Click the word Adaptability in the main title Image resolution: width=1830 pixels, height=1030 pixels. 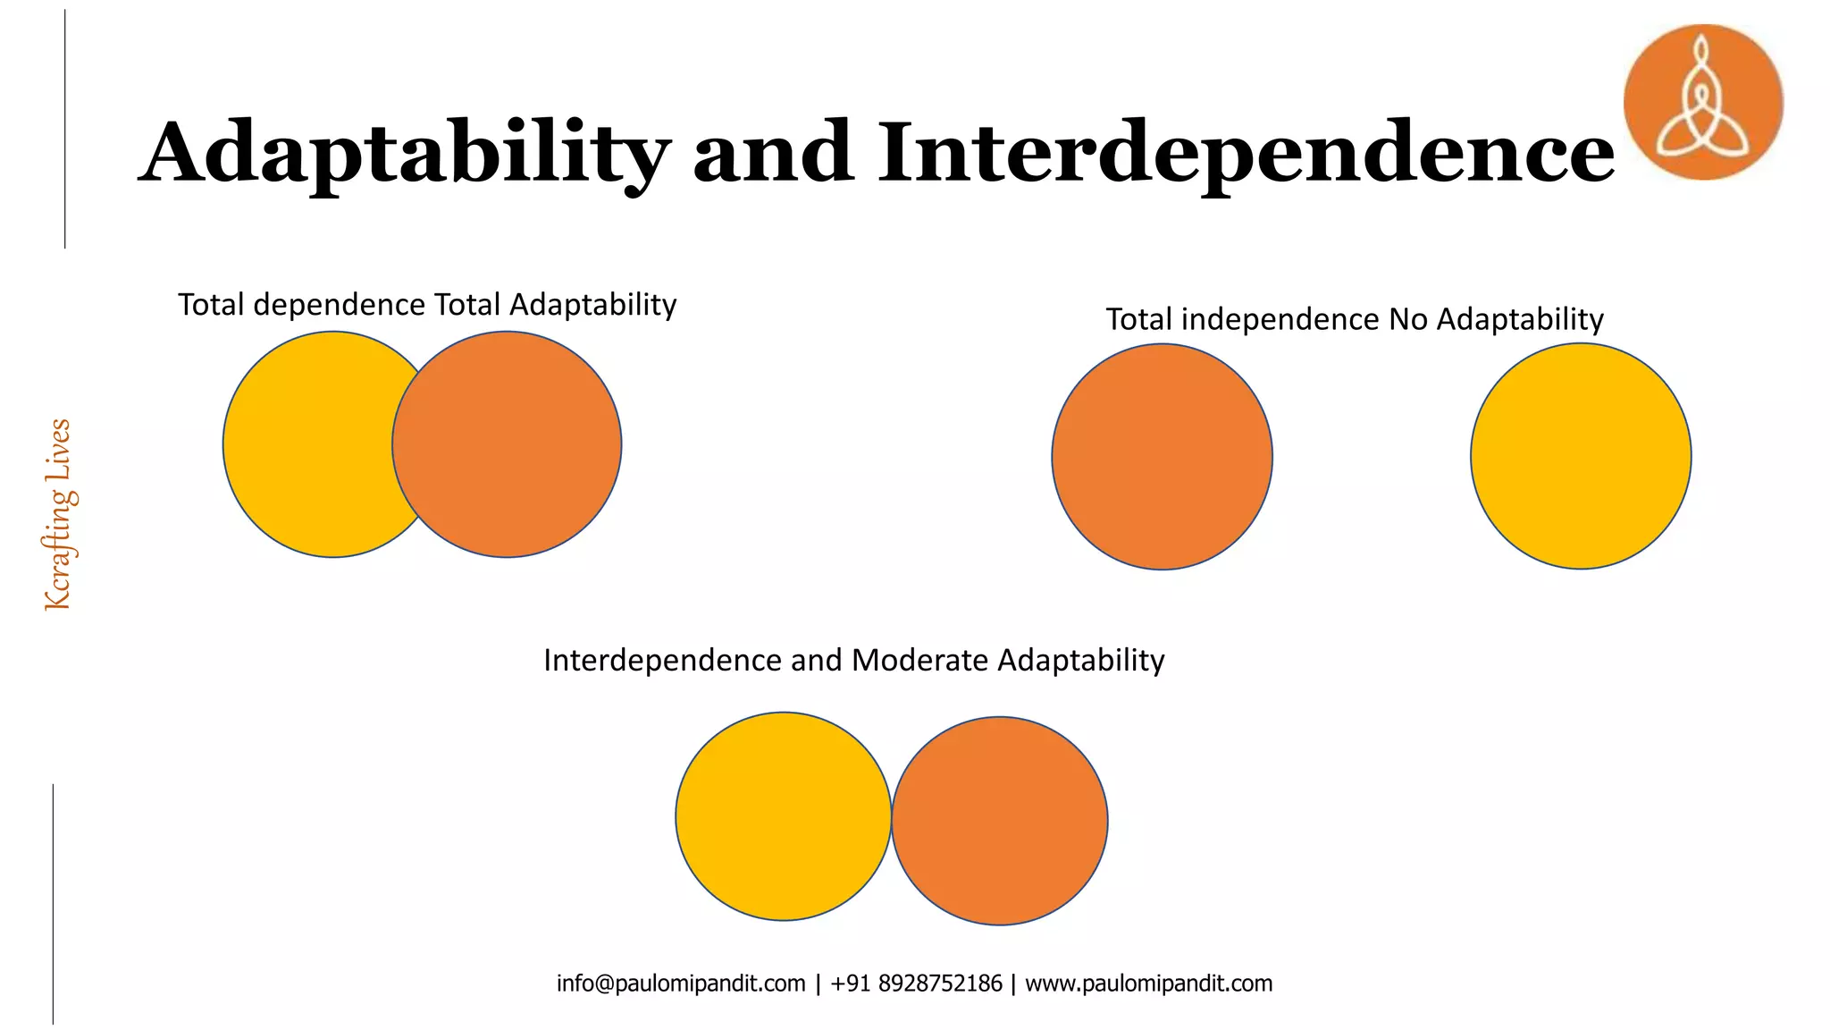[x=405, y=154]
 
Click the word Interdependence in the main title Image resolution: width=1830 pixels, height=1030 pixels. [x=1246, y=154]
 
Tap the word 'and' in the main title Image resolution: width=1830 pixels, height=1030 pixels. [x=772, y=154]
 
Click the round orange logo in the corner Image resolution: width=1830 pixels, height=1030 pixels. [x=1702, y=102]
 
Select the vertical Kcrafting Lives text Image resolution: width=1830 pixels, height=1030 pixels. [x=59, y=515]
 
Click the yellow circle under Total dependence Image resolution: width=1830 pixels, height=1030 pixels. [x=304, y=444]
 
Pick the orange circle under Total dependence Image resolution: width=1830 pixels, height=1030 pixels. [x=507, y=444]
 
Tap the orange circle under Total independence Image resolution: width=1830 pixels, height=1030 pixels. [x=1162, y=456]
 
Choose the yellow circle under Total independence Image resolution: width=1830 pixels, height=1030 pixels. [x=1580, y=456]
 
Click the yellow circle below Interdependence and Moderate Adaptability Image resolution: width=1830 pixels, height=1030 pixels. [x=783, y=816]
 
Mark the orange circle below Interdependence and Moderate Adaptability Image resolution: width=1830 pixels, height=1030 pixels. [x=1000, y=821]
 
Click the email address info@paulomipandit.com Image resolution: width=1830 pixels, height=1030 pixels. [x=681, y=984]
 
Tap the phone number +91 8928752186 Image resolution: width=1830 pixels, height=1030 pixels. [x=916, y=984]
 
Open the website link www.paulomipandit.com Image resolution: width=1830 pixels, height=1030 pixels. [x=1148, y=984]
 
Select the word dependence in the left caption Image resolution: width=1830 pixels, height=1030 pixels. [x=339, y=305]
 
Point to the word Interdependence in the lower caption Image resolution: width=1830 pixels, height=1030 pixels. [x=662, y=661]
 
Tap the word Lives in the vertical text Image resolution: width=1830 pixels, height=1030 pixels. [x=59, y=452]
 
